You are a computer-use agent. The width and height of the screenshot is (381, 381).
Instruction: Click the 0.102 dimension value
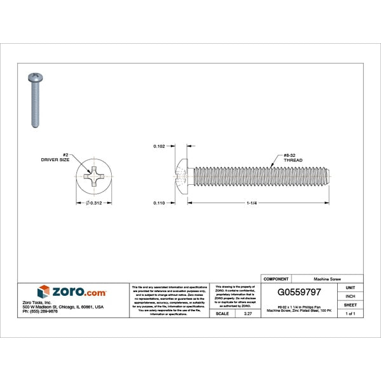pyautogui.click(x=159, y=146)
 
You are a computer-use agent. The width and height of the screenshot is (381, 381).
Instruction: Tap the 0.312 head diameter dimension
pyautogui.click(x=95, y=203)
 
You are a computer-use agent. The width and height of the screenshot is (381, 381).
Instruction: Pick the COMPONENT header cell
pyautogui.click(x=276, y=279)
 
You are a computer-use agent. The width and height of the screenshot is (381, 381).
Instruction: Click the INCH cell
pyautogui.click(x=350, y=296)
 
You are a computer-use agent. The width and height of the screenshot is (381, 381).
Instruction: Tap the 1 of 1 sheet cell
pyautogui.click(x=350, y=314)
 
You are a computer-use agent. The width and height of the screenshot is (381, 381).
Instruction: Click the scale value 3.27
pyautogui.click(x=239, y=314)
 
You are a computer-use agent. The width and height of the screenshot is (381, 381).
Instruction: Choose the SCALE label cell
pyautogui.click(x=222, y=314)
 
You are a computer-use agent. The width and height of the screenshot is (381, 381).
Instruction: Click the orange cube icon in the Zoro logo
pyautogui.click(x=43, y=291)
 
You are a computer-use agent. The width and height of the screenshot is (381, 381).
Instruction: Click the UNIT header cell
pyautogui.click(x=350, y=287)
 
